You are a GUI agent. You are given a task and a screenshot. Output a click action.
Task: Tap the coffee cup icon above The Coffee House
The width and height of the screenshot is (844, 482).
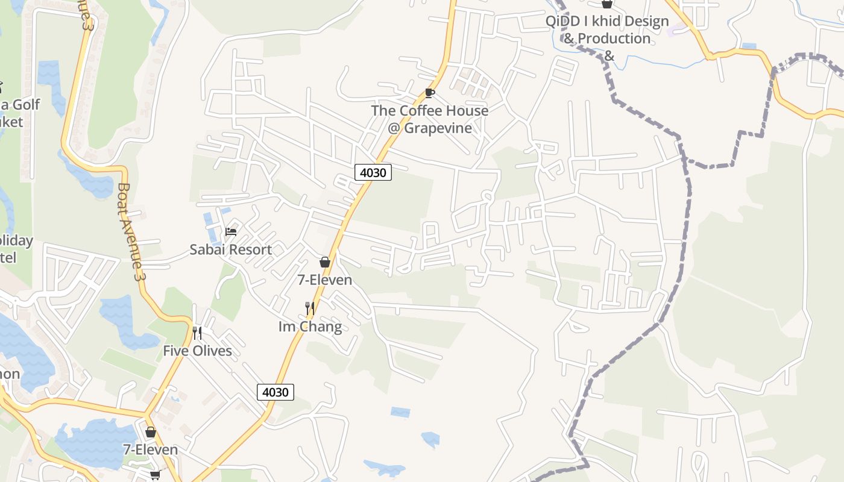[x=429, y=93]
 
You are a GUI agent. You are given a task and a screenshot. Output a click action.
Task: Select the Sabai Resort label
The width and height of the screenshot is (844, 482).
[x=230, y=249]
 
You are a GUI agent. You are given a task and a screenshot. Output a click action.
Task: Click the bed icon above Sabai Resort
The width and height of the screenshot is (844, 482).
[x=230, y=231]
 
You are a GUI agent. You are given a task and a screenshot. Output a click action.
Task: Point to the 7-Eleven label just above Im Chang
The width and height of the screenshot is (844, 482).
[x=324, y=280]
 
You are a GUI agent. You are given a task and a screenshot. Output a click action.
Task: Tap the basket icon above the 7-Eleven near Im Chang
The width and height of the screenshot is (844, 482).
[x=324, y=262]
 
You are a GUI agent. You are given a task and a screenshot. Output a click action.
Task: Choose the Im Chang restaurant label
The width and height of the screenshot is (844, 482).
[x=310, y=327]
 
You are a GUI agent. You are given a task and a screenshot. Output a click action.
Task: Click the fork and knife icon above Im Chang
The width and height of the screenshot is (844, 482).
[x=310, y=309]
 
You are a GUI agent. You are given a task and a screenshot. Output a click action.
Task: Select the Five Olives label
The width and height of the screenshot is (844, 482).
[x=197, y=351]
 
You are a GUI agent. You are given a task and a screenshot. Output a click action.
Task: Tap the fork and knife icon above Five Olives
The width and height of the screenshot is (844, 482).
[x=197, y=333]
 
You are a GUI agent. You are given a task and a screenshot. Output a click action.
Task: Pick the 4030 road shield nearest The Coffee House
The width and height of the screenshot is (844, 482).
[x=373, y=173]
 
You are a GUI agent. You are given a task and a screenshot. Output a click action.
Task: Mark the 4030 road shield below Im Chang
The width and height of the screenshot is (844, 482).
[x=276, y=392]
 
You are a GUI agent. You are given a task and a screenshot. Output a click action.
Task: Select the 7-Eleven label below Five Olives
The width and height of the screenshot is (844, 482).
[x=151, y=449]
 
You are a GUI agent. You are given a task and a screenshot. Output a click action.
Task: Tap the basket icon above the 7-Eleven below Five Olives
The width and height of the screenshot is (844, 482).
[x=151, y=432]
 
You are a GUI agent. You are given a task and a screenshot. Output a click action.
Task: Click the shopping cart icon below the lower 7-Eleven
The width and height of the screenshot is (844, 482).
[x=155, y=475]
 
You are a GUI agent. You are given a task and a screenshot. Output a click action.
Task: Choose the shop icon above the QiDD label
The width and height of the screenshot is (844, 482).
[x=607, y=4]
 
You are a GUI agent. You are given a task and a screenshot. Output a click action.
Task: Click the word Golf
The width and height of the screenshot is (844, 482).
[x=25, y=105]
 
